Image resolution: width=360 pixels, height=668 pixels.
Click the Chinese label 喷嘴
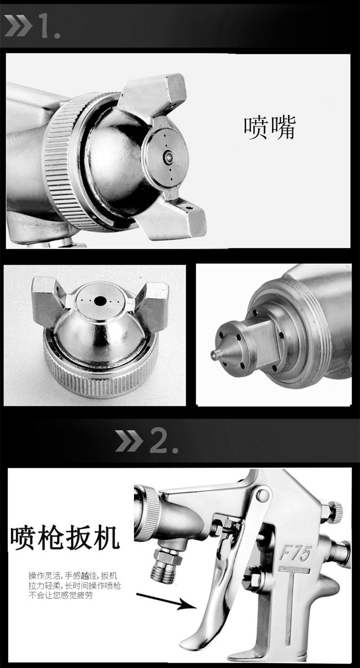click(x=270, y=128)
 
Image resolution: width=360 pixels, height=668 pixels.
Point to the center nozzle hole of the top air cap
click(x=168, y=155)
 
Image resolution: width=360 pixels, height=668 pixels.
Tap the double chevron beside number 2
click(x=129, y=441)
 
